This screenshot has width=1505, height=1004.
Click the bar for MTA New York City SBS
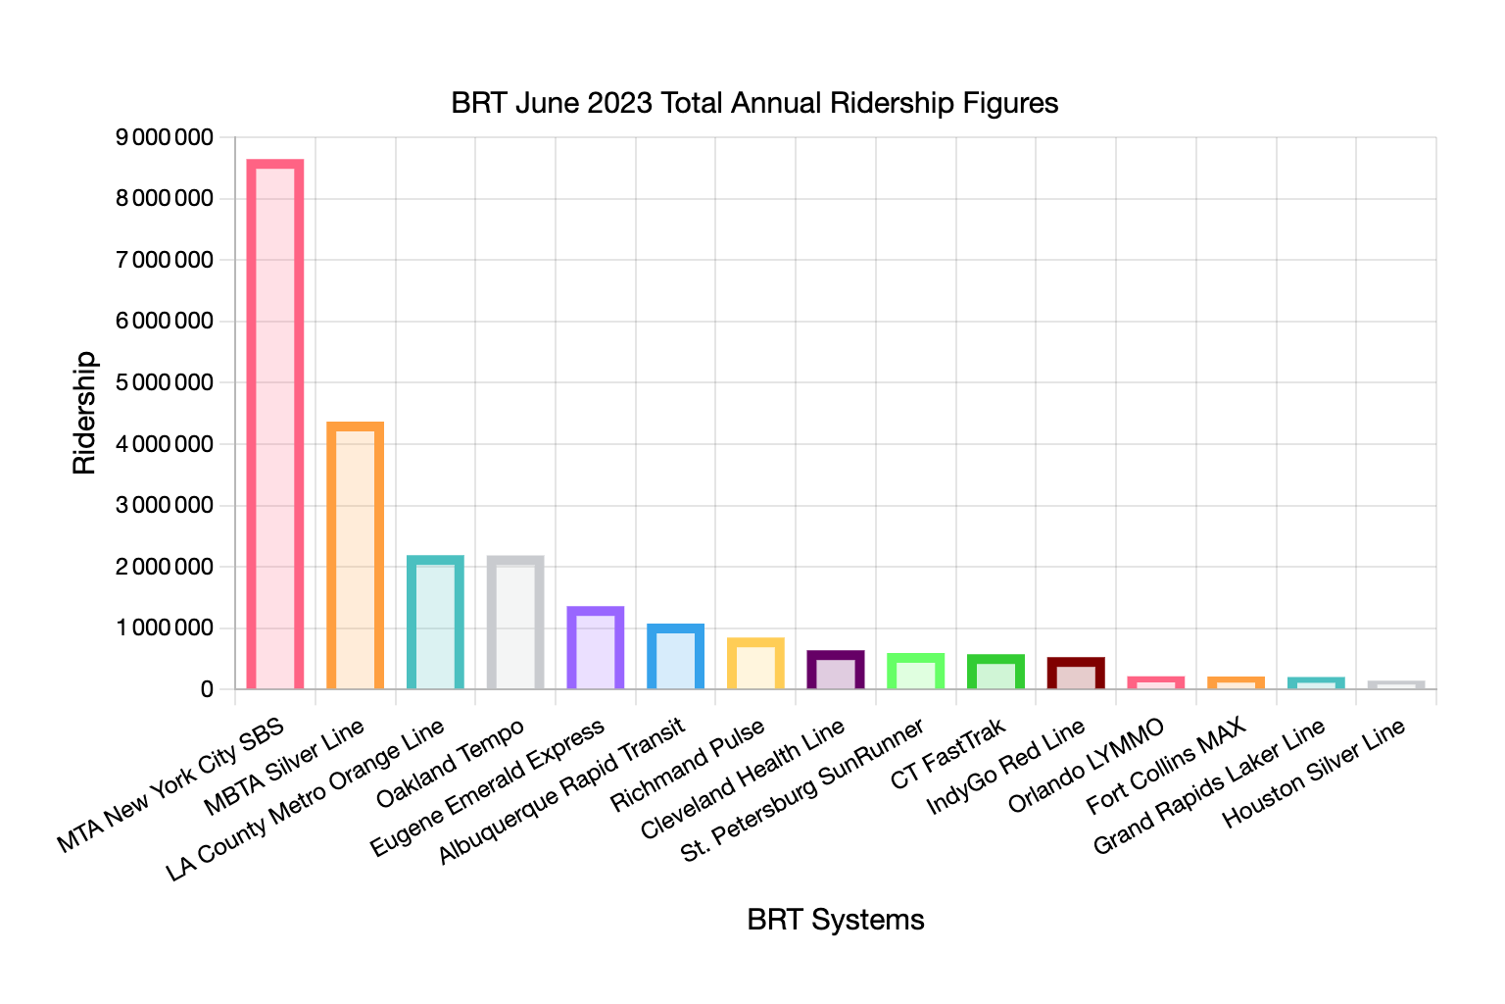(275, 424)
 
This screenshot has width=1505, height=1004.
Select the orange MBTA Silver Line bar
(356, 555)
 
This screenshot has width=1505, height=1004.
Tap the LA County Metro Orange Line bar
(435, 622)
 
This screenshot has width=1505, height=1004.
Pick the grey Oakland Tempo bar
(515, 622)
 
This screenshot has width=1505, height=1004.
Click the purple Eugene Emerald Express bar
(596, 647)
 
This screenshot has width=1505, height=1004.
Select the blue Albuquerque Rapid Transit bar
(676, 656)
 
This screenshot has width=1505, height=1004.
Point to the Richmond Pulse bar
(755, 663)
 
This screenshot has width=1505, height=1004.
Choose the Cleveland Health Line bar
(836, 670)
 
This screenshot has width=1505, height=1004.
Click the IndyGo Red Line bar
(1076, 673)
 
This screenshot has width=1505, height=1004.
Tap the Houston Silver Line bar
(1396, 684)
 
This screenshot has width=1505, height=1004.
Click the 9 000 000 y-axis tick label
(164, 137)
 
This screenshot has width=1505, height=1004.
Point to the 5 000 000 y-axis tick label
(164, 382)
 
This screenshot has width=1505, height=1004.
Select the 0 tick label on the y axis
(206, 689)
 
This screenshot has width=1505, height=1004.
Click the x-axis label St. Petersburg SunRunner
(803, 790)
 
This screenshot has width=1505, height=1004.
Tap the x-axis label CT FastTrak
(948, 754)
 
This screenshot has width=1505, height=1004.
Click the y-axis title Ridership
(85, 413)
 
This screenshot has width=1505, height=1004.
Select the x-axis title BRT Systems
(836, 920)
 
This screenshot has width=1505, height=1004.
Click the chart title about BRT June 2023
(754, 103)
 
